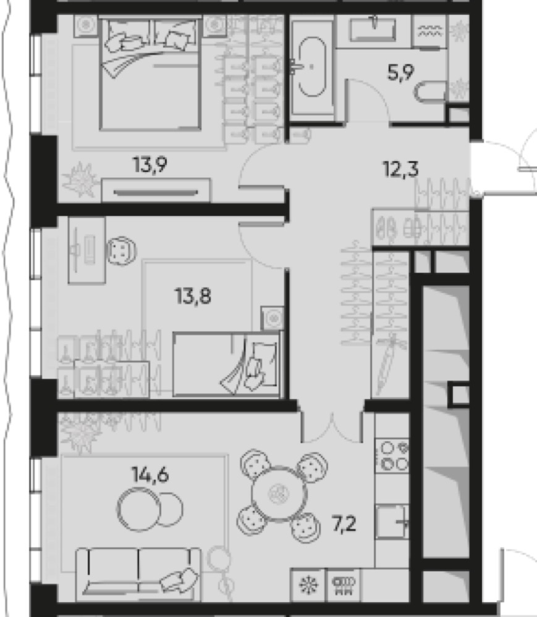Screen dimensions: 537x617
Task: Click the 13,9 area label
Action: click(150, 165)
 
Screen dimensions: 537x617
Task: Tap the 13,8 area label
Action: click(193, 296)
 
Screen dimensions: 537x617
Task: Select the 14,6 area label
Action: click(151, 474)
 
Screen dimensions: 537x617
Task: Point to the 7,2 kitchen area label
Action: click(344, 524)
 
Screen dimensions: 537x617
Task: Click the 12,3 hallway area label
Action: click(400, 169)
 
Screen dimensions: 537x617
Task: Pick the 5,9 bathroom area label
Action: click(400, 72)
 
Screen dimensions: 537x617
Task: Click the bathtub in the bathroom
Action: click(313, 67)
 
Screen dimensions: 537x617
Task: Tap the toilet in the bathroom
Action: click(430, 91)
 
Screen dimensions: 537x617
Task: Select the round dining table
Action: click(279, 494)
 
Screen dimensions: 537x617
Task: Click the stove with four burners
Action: click(392, 456)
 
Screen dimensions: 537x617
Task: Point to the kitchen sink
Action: click(392, 521)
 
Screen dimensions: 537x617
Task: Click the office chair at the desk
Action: click(121, 250)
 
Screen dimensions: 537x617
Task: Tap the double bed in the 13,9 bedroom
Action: click(151, 73)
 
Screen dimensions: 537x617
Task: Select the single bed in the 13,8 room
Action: click(227, 364)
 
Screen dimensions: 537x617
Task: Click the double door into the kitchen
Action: click(332, 427)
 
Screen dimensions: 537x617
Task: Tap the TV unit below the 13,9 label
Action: click(156, 191)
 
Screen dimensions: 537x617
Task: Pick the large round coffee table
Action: click(138, 509)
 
